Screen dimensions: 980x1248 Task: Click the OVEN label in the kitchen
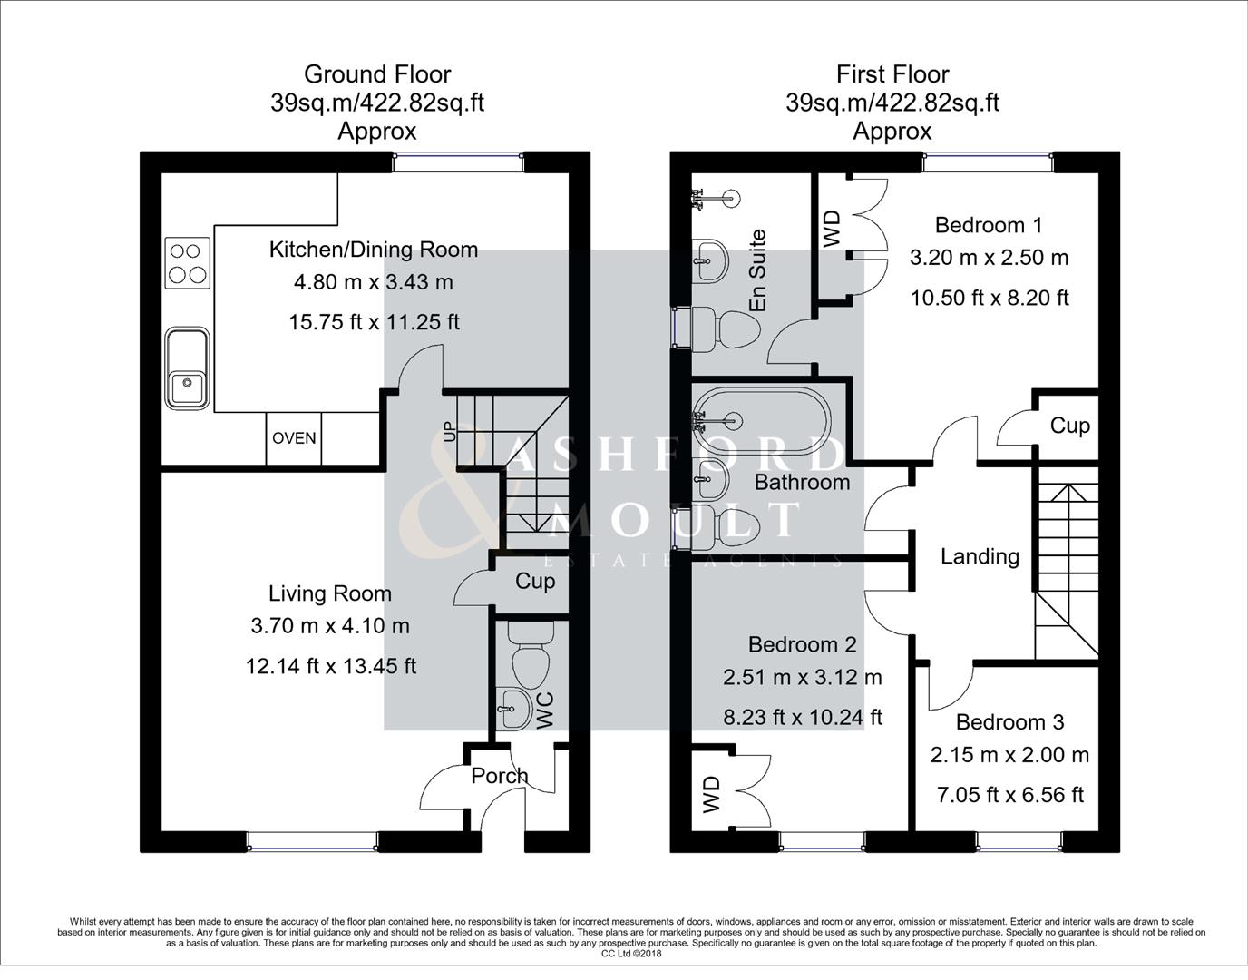click(294, 438)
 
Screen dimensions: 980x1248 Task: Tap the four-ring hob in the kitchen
click(187, 263)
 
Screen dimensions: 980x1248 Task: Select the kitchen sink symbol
click(188, 368)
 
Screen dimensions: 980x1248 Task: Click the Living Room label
click(330, 593)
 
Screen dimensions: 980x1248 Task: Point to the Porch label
click(499, 776)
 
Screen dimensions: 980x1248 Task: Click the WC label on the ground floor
click(545, 710)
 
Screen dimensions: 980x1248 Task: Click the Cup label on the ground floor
click(535, 581)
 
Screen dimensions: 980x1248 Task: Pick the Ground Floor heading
click(377, 74)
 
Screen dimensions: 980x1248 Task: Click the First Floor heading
click(892, 74)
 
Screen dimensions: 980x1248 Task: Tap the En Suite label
click(758, 270)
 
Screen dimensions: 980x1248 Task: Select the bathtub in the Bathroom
click(762, 420)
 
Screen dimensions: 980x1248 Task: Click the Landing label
click(980, 556)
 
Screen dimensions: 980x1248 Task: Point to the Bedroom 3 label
click(1009, 722)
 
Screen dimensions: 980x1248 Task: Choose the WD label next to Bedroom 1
click(833, 229)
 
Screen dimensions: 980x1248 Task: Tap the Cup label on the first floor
click(1069, 426)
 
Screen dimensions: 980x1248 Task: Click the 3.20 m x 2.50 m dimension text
click(989, 258)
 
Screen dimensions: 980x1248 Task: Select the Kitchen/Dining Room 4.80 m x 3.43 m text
click(374, 282)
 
